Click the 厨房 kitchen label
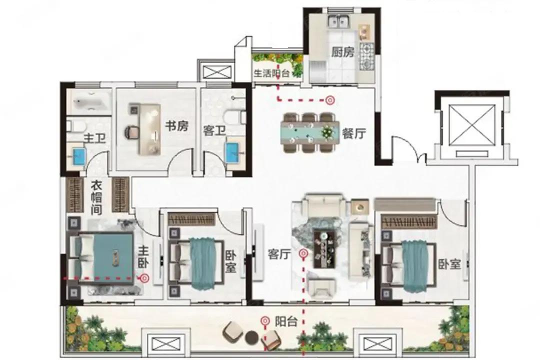pyautogui.click(x=342, y=52)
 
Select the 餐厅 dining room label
pyautogui.click(x=353, y=133)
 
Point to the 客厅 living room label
pyautogui.click(x=279, y=254)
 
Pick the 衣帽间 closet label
pyautogui.click(x=96, y=197)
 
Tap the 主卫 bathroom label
pyautogui.click(x=94, y=138)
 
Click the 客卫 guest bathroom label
pyautogui.click(x=214, y=131)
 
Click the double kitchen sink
pyautogui.click(x=338, y=22)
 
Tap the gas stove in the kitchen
pyautogui.click(x=367, y=56)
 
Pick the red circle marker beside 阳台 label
pyautogui.click(x=265, y=322)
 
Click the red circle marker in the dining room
pyautogui.click(x=330, y=100)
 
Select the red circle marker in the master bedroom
pyautogui.click(x=144, y=277)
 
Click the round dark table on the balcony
pyautogui.click(x=251, y=337)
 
